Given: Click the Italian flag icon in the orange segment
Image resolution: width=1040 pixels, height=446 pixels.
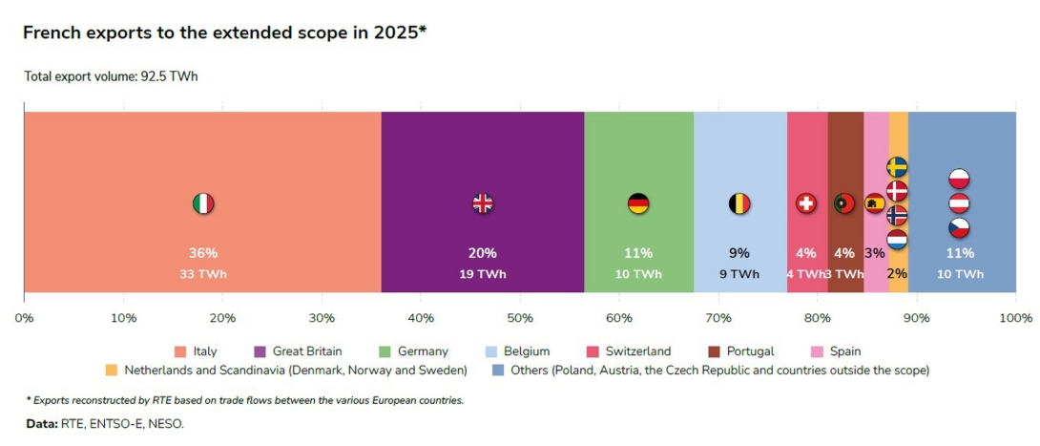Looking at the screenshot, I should tap(203, 203).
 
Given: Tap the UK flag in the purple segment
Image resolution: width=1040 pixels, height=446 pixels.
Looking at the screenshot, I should tap(483, 203).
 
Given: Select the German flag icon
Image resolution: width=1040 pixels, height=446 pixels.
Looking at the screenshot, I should tap(638, 203).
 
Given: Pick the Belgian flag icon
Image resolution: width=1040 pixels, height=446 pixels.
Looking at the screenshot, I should tap(739, 203).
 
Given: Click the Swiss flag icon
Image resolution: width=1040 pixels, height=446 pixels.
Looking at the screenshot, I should tap(806, 203).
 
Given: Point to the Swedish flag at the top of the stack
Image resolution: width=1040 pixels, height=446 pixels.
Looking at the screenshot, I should tap(897, 167).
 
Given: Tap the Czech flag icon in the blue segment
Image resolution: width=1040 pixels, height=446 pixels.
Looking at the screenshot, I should tap(959, 228).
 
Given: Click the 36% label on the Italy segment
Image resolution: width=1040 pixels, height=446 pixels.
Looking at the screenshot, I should tap(203, 253).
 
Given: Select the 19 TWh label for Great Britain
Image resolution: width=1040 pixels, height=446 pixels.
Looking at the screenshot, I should tap(483, 274).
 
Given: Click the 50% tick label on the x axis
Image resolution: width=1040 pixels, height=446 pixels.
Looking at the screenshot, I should tap(520, 317).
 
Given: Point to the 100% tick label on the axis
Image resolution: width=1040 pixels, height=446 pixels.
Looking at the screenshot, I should tap(1015, 317).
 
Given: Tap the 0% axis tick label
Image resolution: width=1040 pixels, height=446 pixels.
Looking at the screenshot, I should tap(24, 317).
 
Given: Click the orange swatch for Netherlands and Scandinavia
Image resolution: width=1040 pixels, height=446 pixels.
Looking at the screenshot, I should tap(112, 370).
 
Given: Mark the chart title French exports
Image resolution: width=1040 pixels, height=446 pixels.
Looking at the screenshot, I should tap(224, 32).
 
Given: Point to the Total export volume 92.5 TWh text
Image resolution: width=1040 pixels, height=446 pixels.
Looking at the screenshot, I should tap(111, 76).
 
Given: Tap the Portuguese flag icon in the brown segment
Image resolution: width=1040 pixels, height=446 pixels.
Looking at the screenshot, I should tap(843, 203).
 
